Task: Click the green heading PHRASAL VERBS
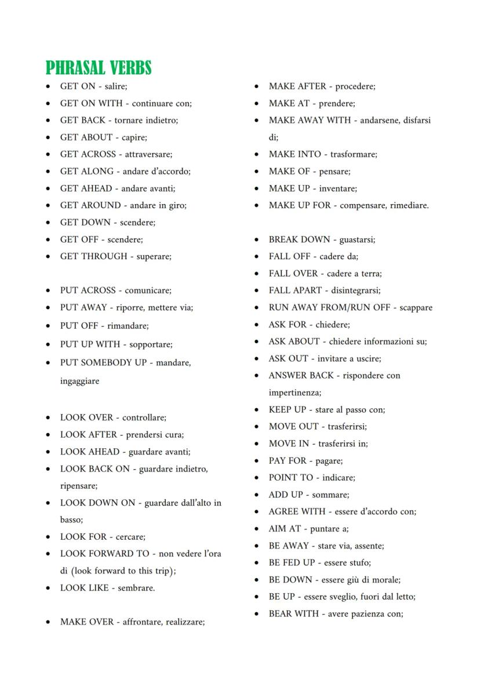coord(99,68)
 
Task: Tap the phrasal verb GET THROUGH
coord(93,256)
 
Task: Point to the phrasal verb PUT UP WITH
coord(90,344)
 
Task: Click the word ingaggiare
coord(79,381)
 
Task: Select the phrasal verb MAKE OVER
coord(87,622)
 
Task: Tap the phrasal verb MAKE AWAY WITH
coord(310,120)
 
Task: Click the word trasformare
coord(353,154)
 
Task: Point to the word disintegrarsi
coord(353,290)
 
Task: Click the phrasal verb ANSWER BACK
coord(301,375)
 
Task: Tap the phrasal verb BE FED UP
coord(292,562)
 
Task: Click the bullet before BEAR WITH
coord(256,614)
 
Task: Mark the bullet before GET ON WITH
coord(48,104)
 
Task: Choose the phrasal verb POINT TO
coord(290,477)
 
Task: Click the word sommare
coord(330,495)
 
